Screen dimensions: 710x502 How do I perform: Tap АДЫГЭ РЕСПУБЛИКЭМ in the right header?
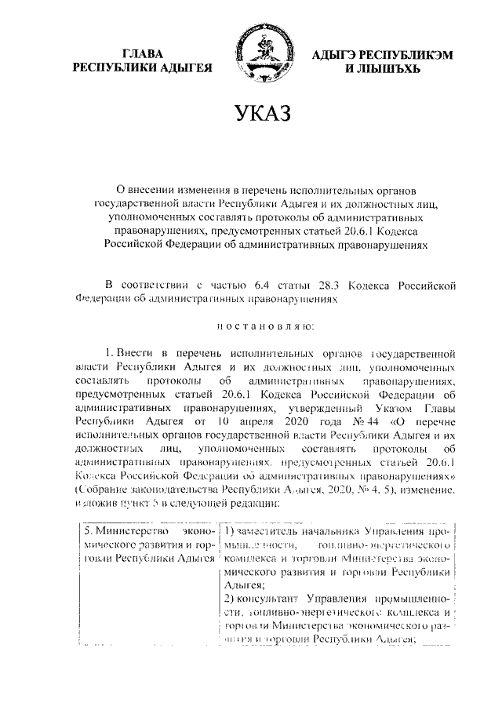[x=373, y=54]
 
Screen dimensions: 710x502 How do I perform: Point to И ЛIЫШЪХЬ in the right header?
[x=373, y=68]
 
